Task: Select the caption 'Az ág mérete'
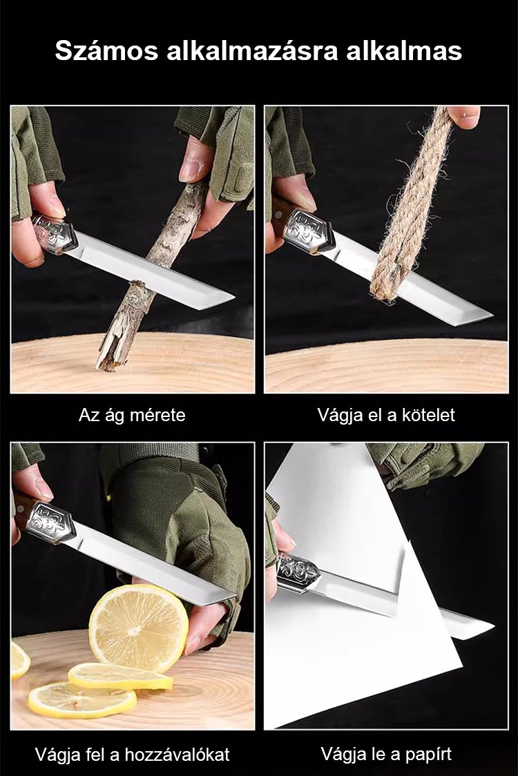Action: tap(132, 415)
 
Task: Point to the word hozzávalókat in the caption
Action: tap(178, 755)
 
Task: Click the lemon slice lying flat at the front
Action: tap(81, 699)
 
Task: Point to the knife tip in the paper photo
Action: tap(492, 628)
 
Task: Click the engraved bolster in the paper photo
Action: tap(298, 574)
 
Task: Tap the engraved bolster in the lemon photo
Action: tap(50, 523)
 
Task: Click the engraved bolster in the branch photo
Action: tap(55, 233)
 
